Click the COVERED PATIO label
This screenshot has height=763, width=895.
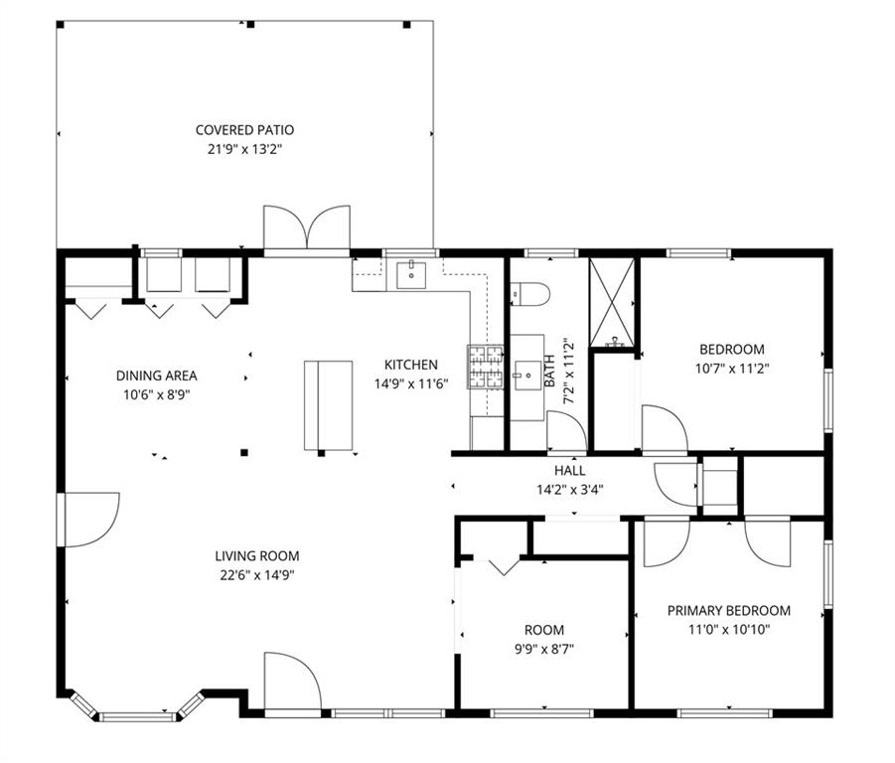(245, 130)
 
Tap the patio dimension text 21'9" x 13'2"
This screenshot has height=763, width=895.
(245, 149)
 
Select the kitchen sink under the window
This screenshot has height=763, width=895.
(411, 274)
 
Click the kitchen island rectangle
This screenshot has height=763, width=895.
(328, 405)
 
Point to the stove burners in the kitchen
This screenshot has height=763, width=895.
(486, 367)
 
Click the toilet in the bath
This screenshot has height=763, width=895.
(529, 294)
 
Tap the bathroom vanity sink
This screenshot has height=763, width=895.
(528, 376)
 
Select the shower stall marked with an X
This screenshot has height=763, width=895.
(611, 302)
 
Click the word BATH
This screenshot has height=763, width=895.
(549, 371)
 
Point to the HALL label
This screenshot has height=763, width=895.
(569, 470)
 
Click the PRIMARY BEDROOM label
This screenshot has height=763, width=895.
(729, 611)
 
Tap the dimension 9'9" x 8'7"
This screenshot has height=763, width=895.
(544, 649)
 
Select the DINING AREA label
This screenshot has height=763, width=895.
(156, 376)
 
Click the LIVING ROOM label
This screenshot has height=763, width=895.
(257, 555)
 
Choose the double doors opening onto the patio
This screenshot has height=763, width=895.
(307, 228)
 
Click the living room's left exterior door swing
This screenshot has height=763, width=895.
(91, 520)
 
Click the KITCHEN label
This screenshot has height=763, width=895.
(411, 365)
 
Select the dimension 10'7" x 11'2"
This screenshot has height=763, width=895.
(732, 369)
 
